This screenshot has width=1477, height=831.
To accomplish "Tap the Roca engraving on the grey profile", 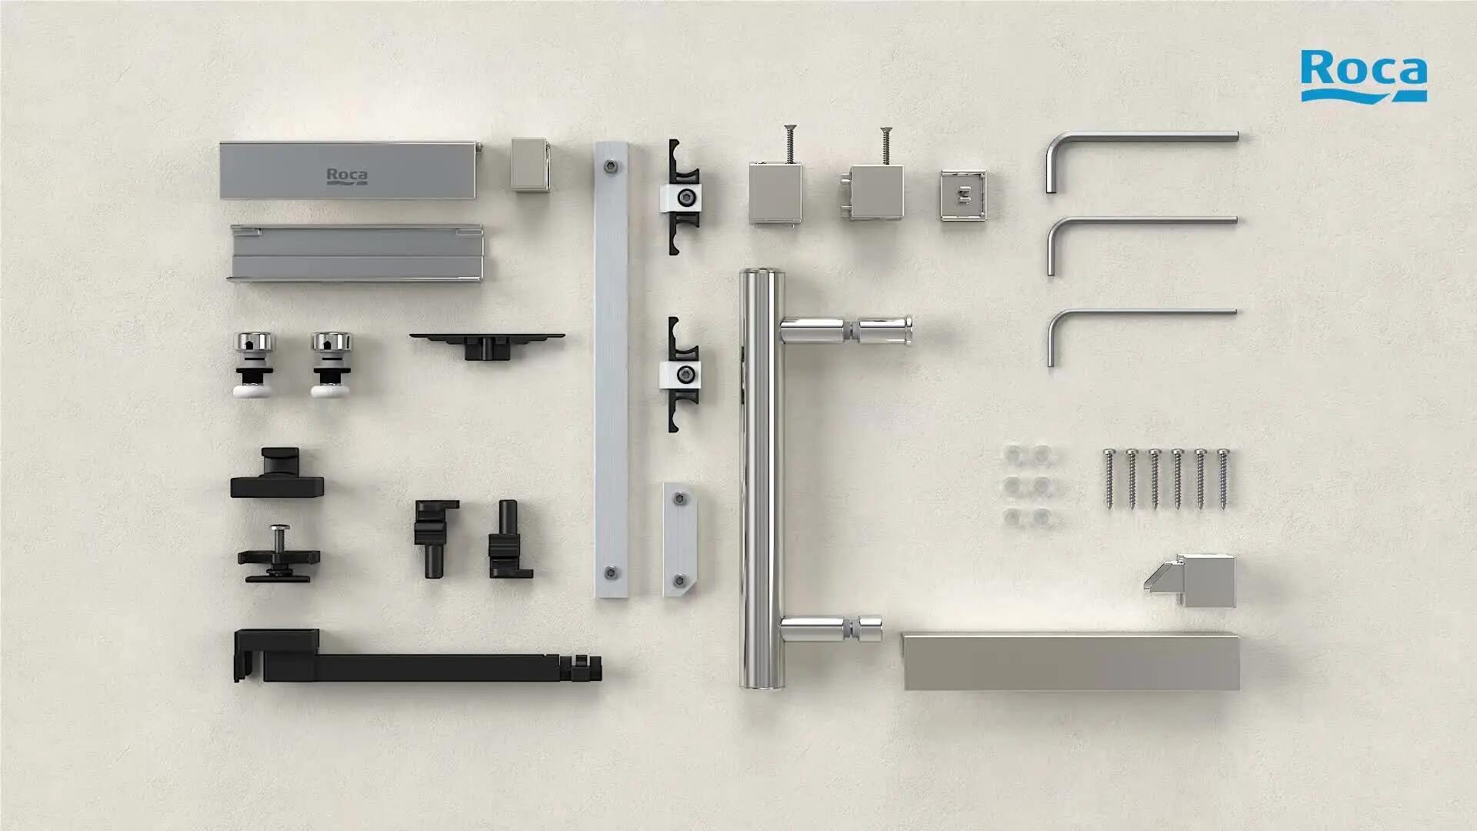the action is (347, 176).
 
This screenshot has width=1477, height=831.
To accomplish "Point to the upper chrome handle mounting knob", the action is (846, 331).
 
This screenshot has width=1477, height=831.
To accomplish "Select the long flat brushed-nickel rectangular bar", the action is (1071, 661).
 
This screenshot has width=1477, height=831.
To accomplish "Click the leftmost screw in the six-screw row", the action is (1109, 478).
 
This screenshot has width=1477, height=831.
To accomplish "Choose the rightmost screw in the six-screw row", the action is (1223, 478).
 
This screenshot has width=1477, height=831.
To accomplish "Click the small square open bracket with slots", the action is (962, 195).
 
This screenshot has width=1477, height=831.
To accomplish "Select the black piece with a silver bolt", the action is (278, 554).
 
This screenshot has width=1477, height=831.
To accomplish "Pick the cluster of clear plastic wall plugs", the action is (1030, 486).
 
